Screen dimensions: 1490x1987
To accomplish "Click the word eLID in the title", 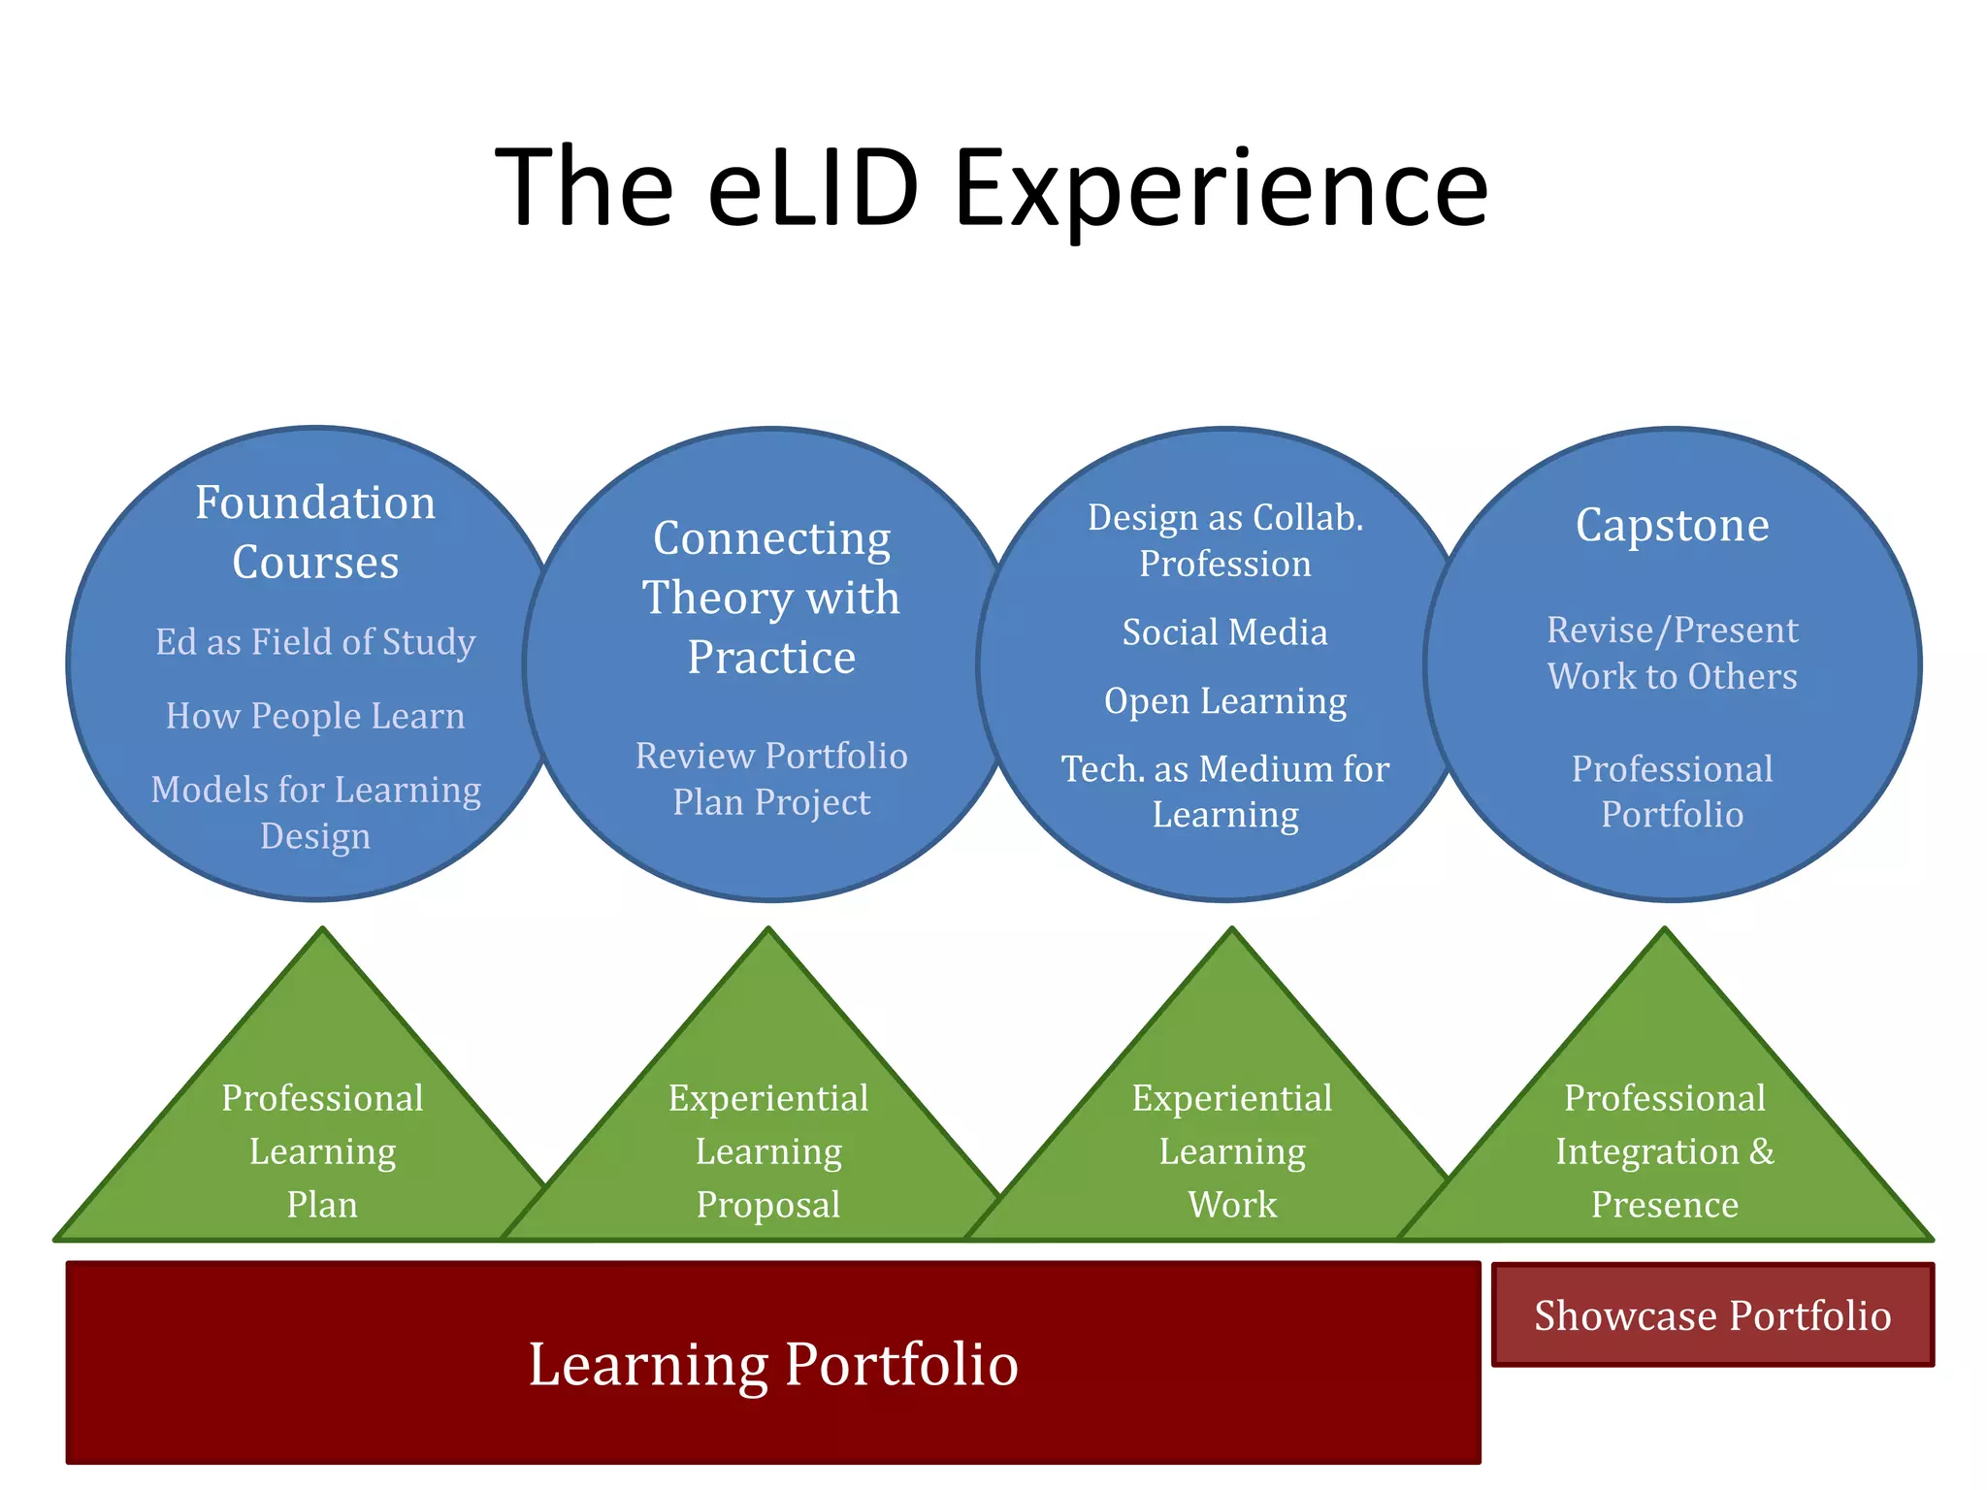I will (x=813, y=187).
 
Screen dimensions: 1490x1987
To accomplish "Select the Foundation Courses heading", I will (x=315, y=532).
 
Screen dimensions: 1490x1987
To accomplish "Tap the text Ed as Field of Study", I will (x=315, y=642).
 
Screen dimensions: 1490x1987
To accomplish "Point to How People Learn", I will (x=315, y=716).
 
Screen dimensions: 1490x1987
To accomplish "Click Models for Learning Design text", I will (x=315, y=812).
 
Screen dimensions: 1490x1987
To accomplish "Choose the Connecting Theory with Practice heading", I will (x=771, y=598).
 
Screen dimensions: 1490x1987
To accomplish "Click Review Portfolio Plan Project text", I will (x=771, y=779).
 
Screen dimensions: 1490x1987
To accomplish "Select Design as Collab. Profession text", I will (x=1225, y=540).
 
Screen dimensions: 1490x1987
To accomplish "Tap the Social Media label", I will (x=1225, y=632).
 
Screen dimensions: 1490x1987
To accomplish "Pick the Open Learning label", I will (x=1225, y=701).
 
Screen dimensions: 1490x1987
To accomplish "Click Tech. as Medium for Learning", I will (x=1225, y=792).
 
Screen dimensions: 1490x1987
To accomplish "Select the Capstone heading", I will (x=1672, y=526).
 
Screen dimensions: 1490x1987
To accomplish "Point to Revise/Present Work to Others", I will (x=1672, y=653).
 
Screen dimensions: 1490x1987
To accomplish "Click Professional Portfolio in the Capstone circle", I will (x=1672, y=792).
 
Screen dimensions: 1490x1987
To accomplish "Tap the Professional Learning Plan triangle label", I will (x=322, y=1151).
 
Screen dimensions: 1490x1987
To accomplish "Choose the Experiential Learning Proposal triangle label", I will (x=768, y=1151).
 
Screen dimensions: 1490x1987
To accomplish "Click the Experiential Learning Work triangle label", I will (x=1232, y=1151).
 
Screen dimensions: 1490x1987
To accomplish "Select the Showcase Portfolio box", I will (x=1712, y=1315).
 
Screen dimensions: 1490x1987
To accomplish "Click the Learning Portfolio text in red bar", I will (x=773, y=1364).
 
